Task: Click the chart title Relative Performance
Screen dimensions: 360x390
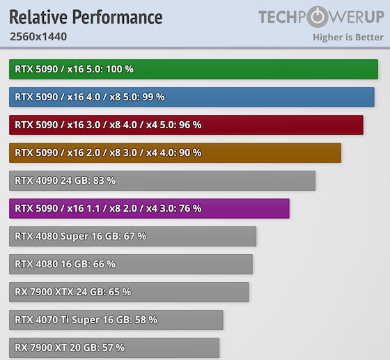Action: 86,17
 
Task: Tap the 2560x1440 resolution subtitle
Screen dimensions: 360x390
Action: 38,37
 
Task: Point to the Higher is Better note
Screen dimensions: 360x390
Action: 348,37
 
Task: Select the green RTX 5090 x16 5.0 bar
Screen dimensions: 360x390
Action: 194,69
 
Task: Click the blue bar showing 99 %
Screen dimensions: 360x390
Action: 192,97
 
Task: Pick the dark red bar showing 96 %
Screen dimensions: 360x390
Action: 186,125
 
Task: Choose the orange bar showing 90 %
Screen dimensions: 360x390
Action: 175,152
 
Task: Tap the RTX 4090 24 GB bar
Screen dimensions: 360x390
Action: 162,180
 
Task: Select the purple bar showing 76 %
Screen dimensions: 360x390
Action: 149,208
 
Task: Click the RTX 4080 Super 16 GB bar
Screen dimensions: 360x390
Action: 133,236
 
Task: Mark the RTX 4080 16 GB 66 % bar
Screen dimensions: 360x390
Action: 131,264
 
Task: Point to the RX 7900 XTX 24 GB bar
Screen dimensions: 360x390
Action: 129,292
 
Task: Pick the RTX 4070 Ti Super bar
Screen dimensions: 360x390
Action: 116,320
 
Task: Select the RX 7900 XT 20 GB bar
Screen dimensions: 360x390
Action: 114,347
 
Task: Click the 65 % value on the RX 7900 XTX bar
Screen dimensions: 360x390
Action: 119,292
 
